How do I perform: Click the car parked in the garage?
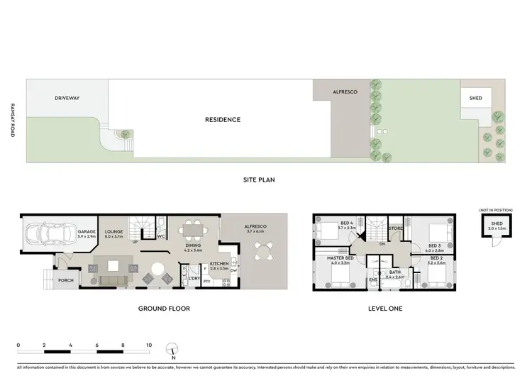pos(40,233)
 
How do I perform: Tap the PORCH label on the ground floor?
pos(65,280)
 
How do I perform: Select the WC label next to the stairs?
pos(161,236)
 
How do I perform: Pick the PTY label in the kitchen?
pos(206,282)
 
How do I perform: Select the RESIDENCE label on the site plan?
pos(223,120)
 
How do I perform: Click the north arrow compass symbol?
pos(171,350)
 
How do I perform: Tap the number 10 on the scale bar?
pos(149,345)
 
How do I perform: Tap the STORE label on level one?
pos(396,228)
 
